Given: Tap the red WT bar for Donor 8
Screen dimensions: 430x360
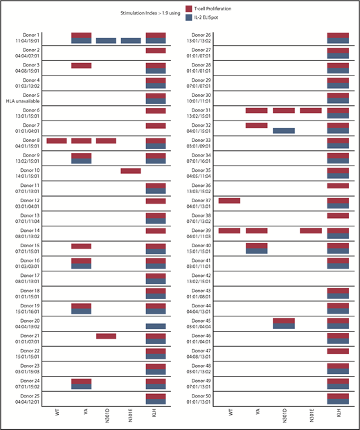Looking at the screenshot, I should [57, 141].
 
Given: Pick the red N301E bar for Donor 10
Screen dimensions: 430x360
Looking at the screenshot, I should [131, 171].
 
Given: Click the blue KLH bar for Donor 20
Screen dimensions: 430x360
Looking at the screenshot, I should [156, 327].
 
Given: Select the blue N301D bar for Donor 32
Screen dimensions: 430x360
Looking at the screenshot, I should [284, 130].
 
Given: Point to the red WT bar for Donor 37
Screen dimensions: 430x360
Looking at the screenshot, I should [229, 201].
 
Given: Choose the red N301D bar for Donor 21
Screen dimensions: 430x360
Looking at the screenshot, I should [106, 336].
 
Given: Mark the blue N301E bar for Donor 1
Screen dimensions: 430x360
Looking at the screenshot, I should [131, 41].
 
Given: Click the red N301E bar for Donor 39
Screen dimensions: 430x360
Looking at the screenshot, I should [311, 231].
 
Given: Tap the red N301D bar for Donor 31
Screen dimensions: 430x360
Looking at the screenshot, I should [284, 110].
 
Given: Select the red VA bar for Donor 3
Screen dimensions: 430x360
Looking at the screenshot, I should [81, 66].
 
